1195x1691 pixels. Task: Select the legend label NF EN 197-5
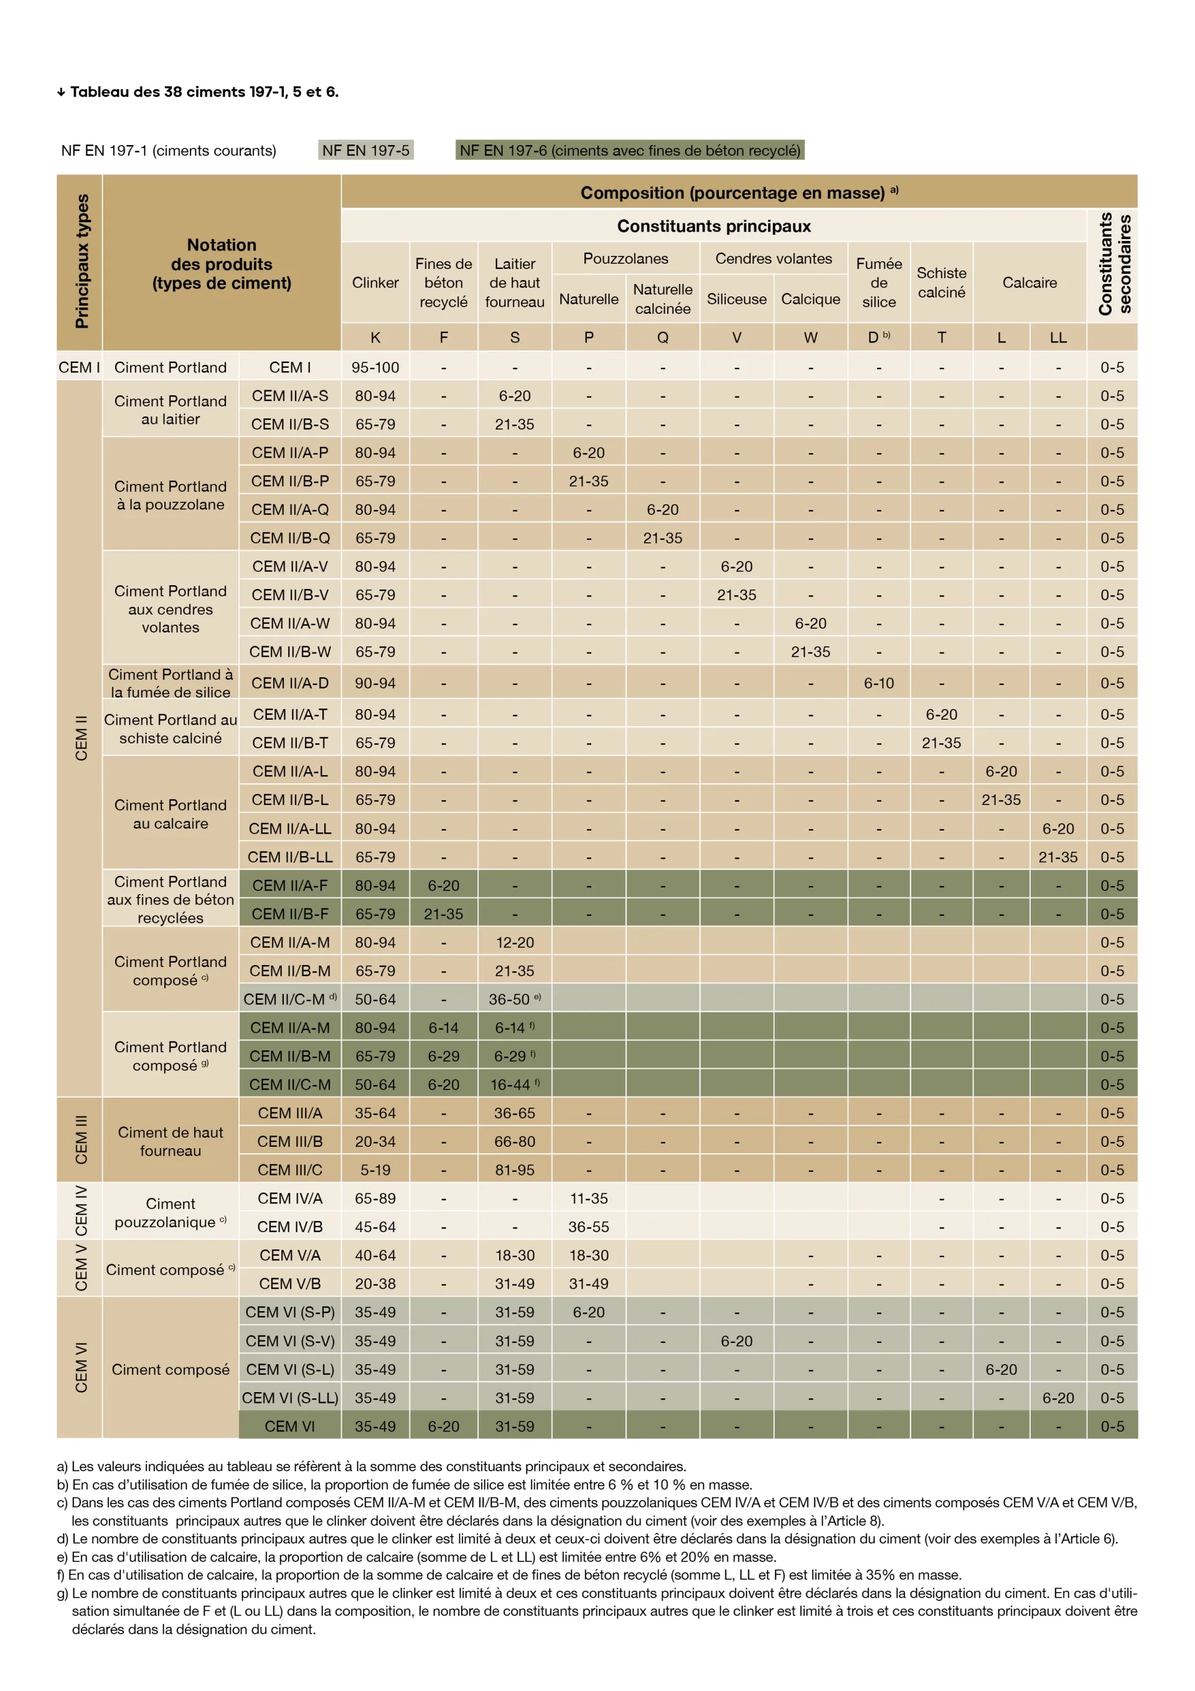365,150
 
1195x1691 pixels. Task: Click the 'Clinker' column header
375,283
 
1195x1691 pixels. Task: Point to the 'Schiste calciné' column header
941,283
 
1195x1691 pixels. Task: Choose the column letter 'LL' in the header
1057,337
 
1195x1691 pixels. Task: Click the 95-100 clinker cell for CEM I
375,367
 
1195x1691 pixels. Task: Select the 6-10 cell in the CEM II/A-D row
878,684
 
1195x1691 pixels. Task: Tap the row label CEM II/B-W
289,652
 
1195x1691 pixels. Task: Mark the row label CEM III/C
289,1171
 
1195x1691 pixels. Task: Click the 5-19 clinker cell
375,1171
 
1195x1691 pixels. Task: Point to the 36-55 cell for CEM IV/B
588,1227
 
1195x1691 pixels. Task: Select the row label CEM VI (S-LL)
289,1398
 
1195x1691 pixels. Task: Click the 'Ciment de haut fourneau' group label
170,1142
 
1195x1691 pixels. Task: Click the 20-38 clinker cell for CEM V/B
375,1284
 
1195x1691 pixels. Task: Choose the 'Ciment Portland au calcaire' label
170,814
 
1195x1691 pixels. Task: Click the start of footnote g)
63,1593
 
